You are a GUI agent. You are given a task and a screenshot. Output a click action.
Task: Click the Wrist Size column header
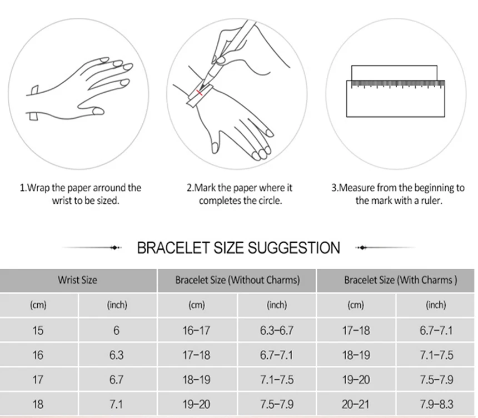tap(77, 280)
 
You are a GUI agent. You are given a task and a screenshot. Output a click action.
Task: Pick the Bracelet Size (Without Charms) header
tap(237, 280)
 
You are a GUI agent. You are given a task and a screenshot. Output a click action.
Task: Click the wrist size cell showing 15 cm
tap(38, 331)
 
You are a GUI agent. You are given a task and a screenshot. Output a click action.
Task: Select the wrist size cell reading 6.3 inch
tap(116, 355)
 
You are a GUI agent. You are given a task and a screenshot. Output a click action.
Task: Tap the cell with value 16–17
tap(196, 331)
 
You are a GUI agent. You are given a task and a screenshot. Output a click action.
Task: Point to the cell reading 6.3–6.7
tap(276, 331)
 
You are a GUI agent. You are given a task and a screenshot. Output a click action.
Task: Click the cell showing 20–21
tap(356, 404)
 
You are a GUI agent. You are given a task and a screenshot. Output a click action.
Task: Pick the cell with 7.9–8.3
tap(436, 404)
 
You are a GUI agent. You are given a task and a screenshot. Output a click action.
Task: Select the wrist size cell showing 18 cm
tap(38, 404)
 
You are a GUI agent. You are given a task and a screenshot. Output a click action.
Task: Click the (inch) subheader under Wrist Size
tap(117, 305)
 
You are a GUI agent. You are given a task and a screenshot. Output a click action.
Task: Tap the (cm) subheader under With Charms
tap(356, 305)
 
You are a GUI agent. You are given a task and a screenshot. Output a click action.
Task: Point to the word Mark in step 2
tap(205, 188)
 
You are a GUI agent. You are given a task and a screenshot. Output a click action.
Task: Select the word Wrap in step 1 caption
tap(39, 188)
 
